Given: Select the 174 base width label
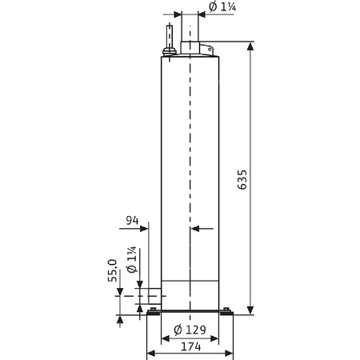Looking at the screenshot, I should [190, 348].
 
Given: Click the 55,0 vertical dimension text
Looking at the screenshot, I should [113, 272].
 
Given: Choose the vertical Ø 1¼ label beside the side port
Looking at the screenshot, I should [133, 265].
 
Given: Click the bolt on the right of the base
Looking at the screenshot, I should [227, 310].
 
